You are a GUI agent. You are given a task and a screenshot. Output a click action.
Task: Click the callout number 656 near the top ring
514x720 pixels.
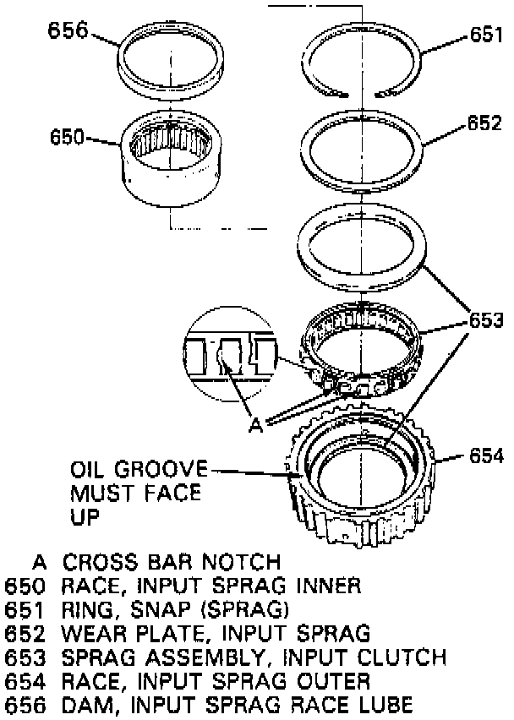[x=68, y=30]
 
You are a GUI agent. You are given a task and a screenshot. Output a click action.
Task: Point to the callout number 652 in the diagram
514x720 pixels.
[x=485, y=123]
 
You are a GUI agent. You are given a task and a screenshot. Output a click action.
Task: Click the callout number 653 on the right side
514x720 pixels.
[x=485, y=321]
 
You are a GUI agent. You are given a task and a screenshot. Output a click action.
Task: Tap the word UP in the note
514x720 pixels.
[x=85, y=516]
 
